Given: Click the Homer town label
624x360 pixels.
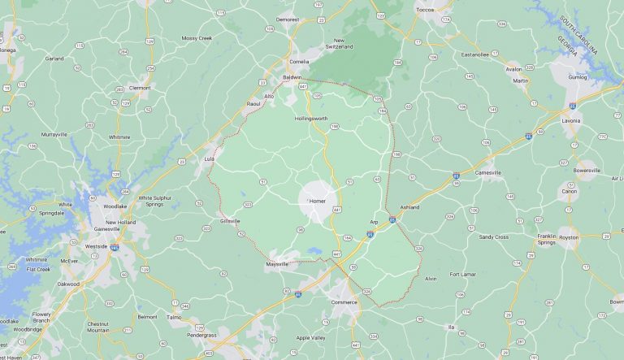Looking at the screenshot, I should (x=317, y=200).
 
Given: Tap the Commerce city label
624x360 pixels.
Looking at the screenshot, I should (x=344, y=301).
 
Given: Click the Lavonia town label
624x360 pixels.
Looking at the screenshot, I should (x=572, y=120).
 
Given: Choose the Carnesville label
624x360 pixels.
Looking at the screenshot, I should (x=489, y=172).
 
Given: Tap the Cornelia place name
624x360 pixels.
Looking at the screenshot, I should (x=301, y=61).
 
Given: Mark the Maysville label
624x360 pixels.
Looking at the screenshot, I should (x=277, y=265).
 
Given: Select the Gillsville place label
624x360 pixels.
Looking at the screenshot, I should (x=230, y=221).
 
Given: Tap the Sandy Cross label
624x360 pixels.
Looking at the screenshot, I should (x=493, y=237).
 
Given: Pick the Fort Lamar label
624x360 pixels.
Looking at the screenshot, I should (x=466, y=274).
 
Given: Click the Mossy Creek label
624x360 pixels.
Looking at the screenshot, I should (x=197, y=38).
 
